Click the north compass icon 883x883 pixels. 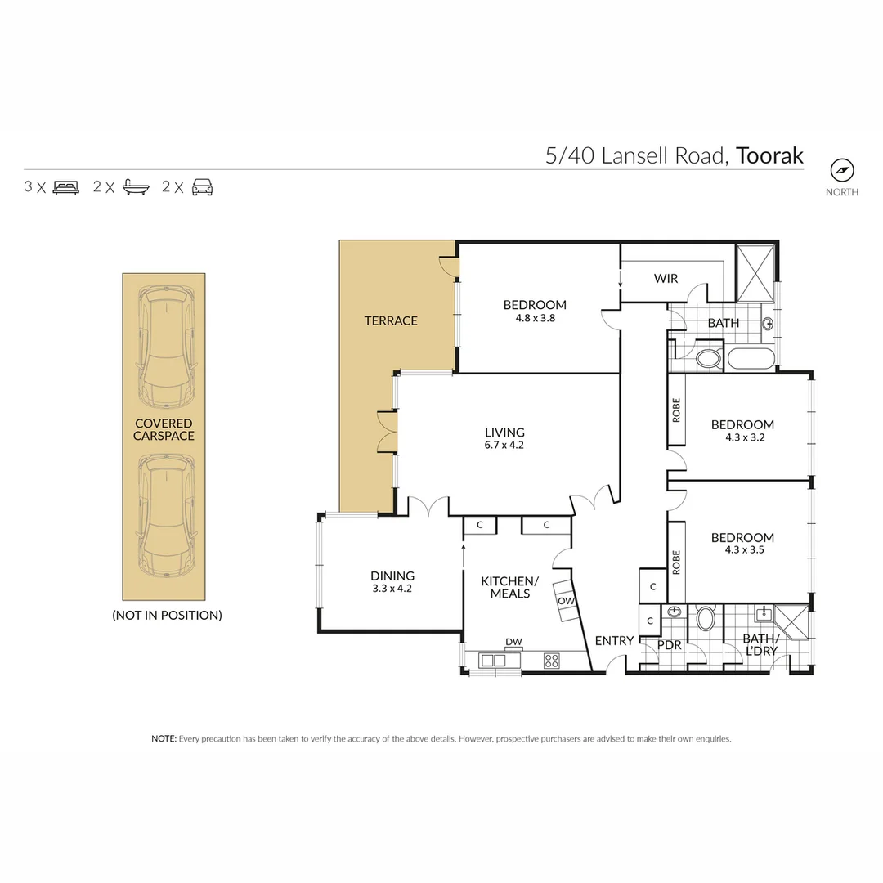pos(842,170)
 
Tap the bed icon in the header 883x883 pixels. pos(66,187)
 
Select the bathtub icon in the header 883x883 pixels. pos(136,187)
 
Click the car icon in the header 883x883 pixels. pos(202,187)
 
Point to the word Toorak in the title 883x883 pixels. pos(769,155)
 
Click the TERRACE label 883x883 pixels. pos(391,320)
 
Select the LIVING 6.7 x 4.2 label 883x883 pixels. pos(504,438)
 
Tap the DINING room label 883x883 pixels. pos(392,580)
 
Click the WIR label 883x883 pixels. pos(666,279)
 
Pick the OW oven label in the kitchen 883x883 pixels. pos(566,601)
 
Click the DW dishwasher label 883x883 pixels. pos(513,641)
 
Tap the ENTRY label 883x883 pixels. pos(613,641)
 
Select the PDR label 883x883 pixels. pos(670,645)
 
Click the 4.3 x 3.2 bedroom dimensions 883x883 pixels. pos(742,437)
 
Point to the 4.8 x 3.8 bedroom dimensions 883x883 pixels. pos(535,318)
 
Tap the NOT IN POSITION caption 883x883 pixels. pos(167,615)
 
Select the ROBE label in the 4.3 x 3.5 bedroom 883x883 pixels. pos(676,563)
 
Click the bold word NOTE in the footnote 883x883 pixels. pos(164,738)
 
